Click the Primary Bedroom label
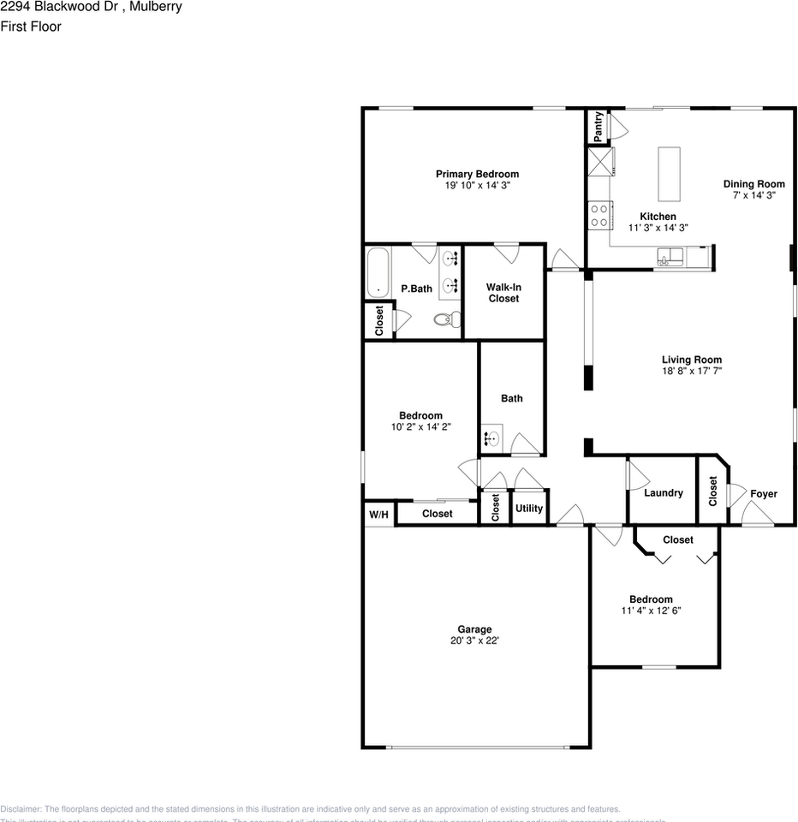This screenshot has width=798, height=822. pyautogui.click(x=477, y=174)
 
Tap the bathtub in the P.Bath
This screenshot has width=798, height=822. pyautogui.click(x=378, y=273)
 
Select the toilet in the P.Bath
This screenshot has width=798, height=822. pyautogui.click(x=444, y=320)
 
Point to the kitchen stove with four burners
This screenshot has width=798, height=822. pyautogui.click(x=599, y=215)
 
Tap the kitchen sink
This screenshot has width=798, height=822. pyautogui.click(x=669, y=255)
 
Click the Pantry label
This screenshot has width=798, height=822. pyautogui.click(x=598, y=125)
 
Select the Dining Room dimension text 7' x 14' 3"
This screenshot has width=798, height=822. pyautogui.click(x=753, y=196)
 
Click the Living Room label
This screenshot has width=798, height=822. pyautogui.click(x=691, y=360)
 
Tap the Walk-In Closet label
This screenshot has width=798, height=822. pyautogui.click(x=503, y=293)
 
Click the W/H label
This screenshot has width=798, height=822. pyautogui.click(x=378, y=515)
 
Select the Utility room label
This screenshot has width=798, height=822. pyautogui.click(x=529, y=508)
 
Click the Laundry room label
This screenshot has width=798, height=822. pyautogui.click(x=664, y=493)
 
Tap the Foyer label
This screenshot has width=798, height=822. pyautogui.click(x=764, y=494)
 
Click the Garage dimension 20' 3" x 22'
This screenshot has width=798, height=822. pyautogui.click(x=474, y=640)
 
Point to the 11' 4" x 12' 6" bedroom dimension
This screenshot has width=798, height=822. pyautogui.click(x=651, y=611)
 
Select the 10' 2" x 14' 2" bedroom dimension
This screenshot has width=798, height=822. pyautogui.click(x=420, y=427)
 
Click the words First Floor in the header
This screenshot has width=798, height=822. pyautogui.click(x=31, y=27)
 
